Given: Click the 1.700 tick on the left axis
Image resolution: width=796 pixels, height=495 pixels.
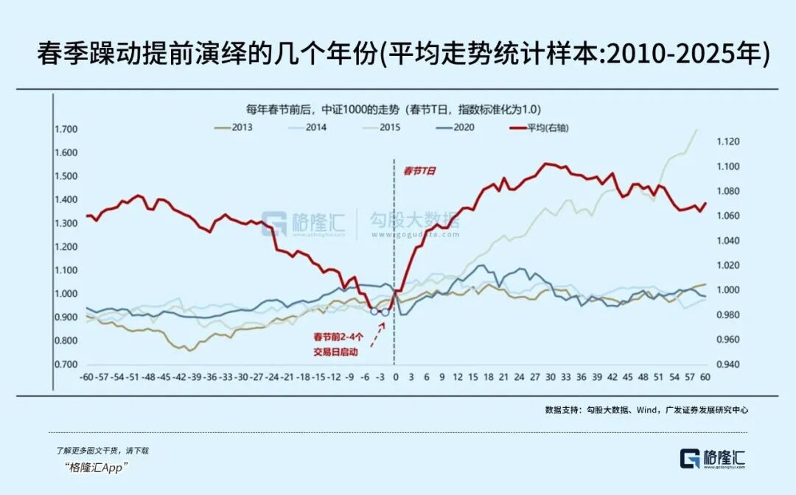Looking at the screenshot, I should [66, 130].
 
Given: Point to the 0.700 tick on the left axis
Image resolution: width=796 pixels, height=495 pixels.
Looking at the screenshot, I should [66, 365].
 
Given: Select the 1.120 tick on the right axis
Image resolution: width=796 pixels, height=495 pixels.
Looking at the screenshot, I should [725, 141].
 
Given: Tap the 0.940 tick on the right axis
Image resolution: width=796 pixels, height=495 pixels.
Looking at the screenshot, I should [725, 365].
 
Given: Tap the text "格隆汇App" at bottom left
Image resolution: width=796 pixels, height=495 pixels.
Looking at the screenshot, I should [97, 467].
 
